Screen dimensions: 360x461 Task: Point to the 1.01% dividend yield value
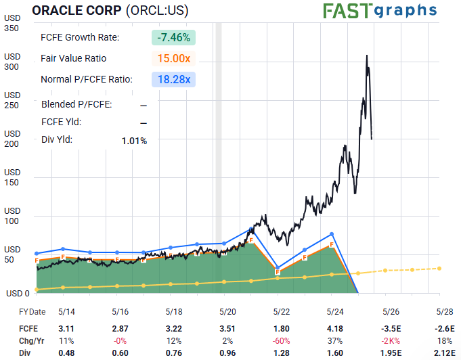pos(135,140)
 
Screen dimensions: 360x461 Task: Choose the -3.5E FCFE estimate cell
pos(385,328)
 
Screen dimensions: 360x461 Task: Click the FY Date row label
pos(32,312)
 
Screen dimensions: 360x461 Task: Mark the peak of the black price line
pos(367,55)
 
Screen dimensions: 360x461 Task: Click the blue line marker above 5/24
pos(332,233)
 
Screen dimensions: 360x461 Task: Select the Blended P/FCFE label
pos(76,104)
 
